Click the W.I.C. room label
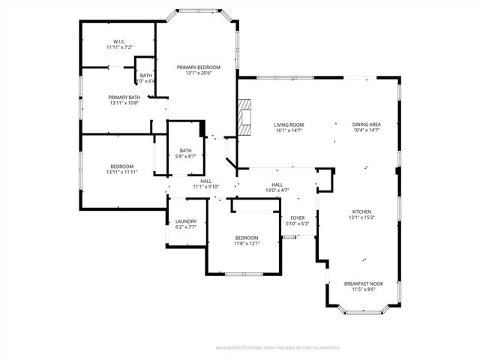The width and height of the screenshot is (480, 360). point(118,41)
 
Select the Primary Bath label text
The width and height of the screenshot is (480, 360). point(124,97)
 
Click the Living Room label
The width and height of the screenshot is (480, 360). point(288,124)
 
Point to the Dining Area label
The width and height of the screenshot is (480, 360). point(366,124)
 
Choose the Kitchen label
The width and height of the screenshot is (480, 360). point(361,211)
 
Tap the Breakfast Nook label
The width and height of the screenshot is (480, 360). point(364,283)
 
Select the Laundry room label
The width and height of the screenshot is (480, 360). point(186,221)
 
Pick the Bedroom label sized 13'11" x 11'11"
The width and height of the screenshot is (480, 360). point(122,166)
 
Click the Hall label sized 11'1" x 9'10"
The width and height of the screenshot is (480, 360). point(205,181)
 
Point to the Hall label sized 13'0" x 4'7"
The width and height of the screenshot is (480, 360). point(277,184)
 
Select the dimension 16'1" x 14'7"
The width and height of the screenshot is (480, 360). point(288,130)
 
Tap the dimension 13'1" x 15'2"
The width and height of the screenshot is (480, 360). point(361,217)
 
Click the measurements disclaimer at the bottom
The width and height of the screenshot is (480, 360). point(277,348)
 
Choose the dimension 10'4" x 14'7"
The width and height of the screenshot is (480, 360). point(366,130)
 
